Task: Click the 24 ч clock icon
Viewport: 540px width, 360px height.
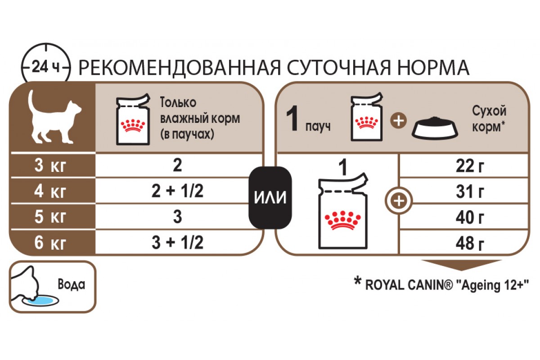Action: (x=46, y=67)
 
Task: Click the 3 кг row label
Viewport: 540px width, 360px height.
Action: (x=50, y=166)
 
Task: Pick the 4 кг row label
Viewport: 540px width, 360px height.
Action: (x=50, y=192)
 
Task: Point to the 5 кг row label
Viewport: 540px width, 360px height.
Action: (x=50, y=217)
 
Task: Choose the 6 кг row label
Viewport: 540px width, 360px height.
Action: (x=50, y=243)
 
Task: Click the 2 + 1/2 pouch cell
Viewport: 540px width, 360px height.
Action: (x=177, y=192)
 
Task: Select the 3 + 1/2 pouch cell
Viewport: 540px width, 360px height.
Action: (x=177, y=243)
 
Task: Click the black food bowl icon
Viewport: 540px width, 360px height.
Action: (x=435, y=128)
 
